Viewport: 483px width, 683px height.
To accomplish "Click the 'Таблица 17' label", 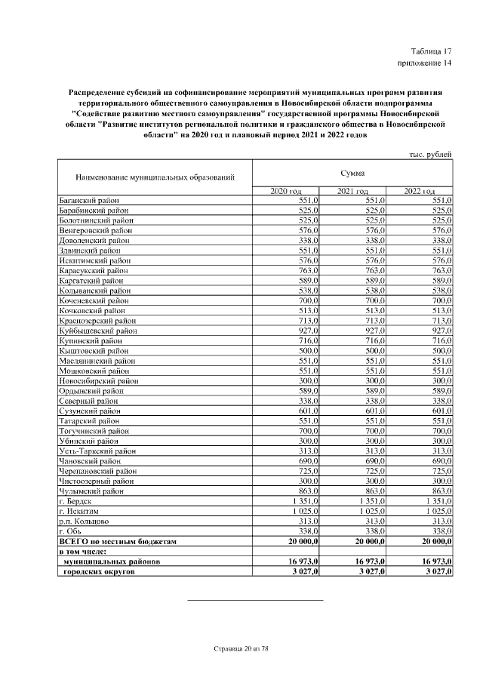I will click(x=432, y=50).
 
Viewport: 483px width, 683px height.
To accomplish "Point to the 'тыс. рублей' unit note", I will click(x=431, y=154).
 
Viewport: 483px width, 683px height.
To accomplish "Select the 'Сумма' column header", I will click(x=352, y=173).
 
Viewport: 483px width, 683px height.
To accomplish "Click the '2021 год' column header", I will click(x=352, y=191).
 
